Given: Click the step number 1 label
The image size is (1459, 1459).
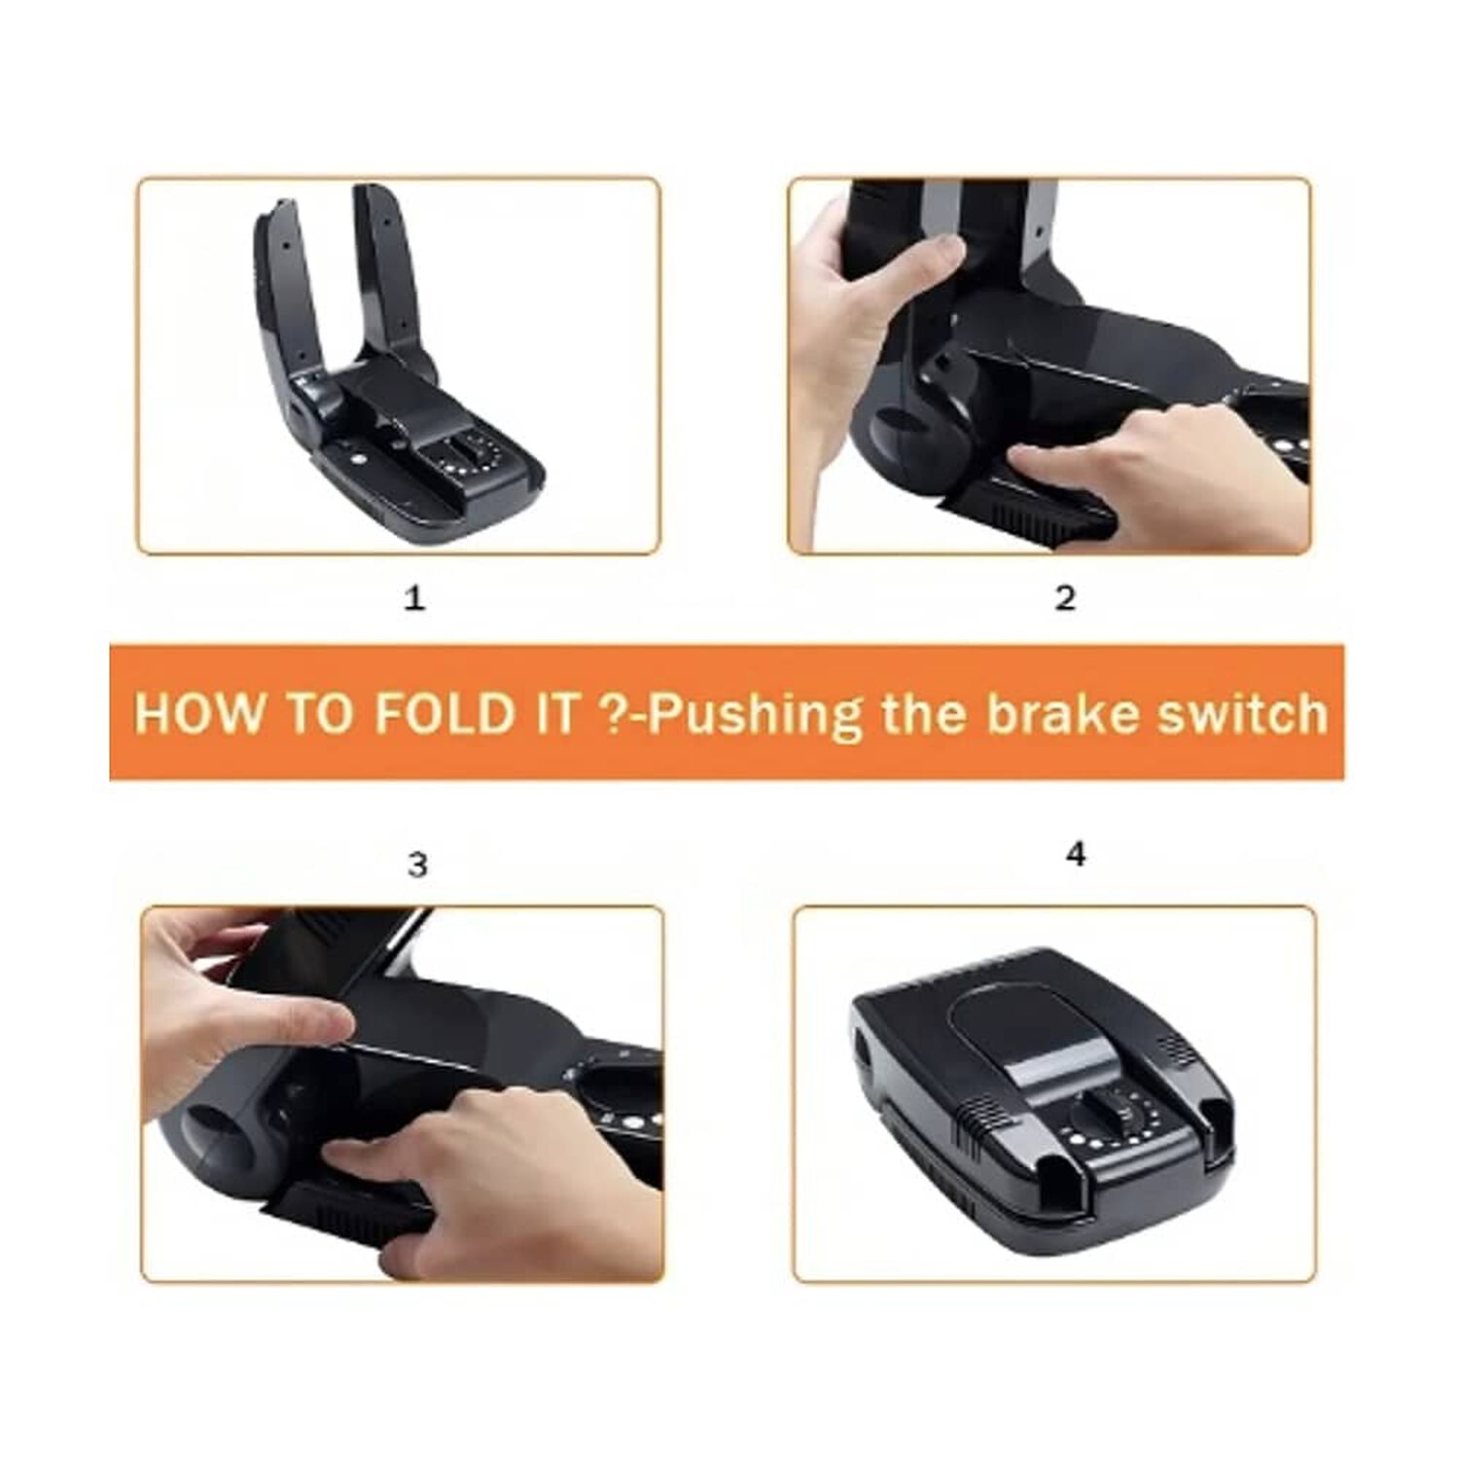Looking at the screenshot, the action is coord(414,597).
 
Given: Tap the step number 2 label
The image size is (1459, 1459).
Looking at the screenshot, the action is coord(1065,597).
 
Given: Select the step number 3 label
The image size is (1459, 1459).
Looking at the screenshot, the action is coord(417,864).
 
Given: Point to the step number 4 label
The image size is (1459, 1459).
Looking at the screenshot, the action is coord(1076,854).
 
